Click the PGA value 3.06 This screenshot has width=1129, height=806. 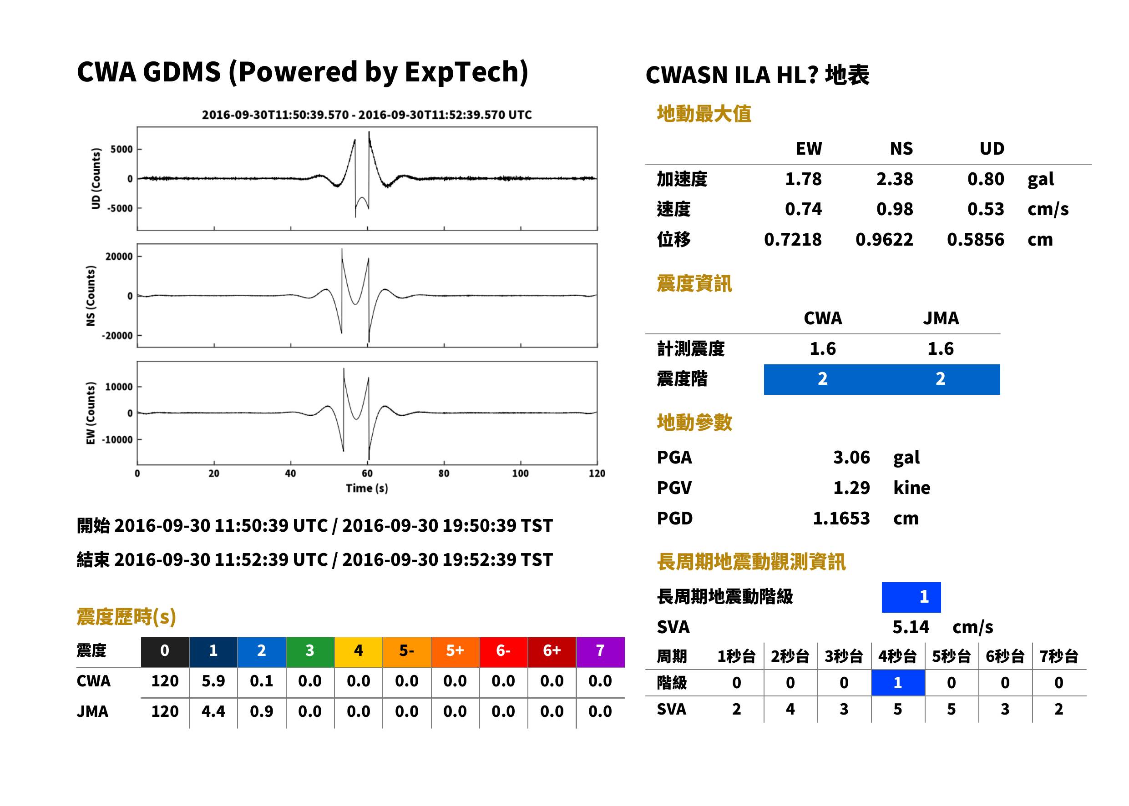[x=851, y=457]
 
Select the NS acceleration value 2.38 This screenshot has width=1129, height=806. [x=894, y=179]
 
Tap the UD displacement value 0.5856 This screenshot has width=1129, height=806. [x=975, y=239]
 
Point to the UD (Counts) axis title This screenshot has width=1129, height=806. [x=96, y=178]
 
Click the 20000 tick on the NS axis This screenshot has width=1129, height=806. [x=119, y=256]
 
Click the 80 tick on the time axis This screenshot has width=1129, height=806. [x=444, y=473]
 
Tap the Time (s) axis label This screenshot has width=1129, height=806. [x=367, y=488]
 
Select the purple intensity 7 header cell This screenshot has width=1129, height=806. [x=600, y=650]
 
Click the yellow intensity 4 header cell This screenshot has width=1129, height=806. [x=359, y=650]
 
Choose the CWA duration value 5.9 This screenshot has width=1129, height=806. [x=213, y=681]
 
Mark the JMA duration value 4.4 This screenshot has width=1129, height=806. [x=213, y=711]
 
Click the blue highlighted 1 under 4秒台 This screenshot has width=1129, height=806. [x=898, y=682]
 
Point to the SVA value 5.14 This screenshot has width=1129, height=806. [x=911, y=627]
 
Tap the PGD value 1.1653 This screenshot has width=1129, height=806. [x=841, y=518]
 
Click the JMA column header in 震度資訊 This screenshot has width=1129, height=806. [x=941, y=317]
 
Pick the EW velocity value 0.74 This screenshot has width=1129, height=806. [x=803, y=209]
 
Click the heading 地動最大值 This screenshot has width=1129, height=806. [x=704, y=114]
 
